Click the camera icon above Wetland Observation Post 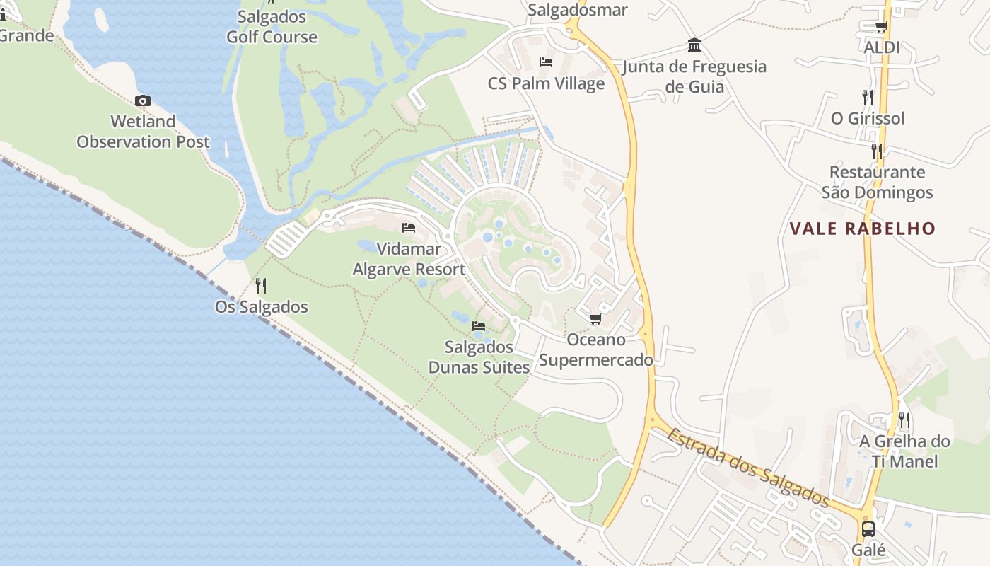pos(143,101)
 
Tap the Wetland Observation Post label pos(143,132)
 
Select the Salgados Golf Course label pos(272,27)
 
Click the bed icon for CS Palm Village pos(546,62)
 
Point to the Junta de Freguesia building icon pos(694,45)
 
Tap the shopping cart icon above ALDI pos(881,27)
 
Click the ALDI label pos(882,47)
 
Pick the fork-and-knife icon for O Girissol pos(867,97)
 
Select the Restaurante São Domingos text pos(877,182)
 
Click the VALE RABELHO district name pos(862,229)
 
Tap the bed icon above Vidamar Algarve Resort pos(409,228)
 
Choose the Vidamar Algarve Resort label pos(409,259)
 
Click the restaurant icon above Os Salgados pos(261,285)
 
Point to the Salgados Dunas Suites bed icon pos(479,326)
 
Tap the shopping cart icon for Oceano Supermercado pos(595,319)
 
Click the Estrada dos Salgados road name pos(748,468)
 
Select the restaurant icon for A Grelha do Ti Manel pos(904,420)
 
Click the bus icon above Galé pos(868,529)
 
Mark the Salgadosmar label pos(577,10)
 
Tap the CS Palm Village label pos(546,83)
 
